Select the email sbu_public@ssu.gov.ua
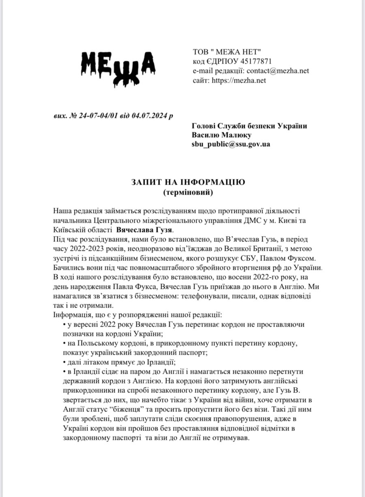point(231,144)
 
